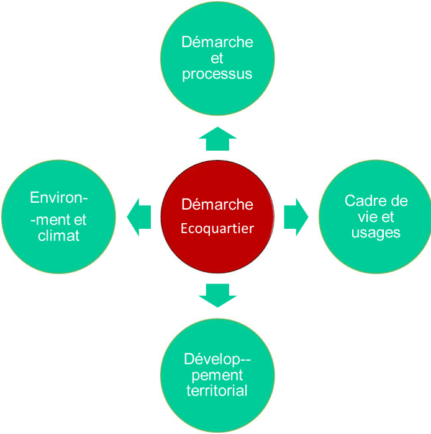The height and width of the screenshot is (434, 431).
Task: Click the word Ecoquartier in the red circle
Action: click(217, 228)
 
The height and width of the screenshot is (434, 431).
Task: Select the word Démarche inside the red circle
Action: click(217, 204)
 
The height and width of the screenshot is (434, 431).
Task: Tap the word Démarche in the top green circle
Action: click(217, 42)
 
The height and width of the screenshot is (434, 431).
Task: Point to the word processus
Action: click(217, 73)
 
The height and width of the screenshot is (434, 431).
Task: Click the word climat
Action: click(58, 236)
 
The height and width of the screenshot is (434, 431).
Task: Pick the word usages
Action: click(376, 232)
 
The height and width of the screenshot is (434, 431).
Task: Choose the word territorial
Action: click(217, 391)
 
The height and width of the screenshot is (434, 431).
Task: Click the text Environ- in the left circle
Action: click(58, 198)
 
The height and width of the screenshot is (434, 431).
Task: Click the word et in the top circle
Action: click(217, 58)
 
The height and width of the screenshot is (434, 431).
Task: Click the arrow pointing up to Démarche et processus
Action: click(217, 139)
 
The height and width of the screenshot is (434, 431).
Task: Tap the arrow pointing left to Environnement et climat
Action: click(139, 217)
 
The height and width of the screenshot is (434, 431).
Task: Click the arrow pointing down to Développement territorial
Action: click(217, 295)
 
